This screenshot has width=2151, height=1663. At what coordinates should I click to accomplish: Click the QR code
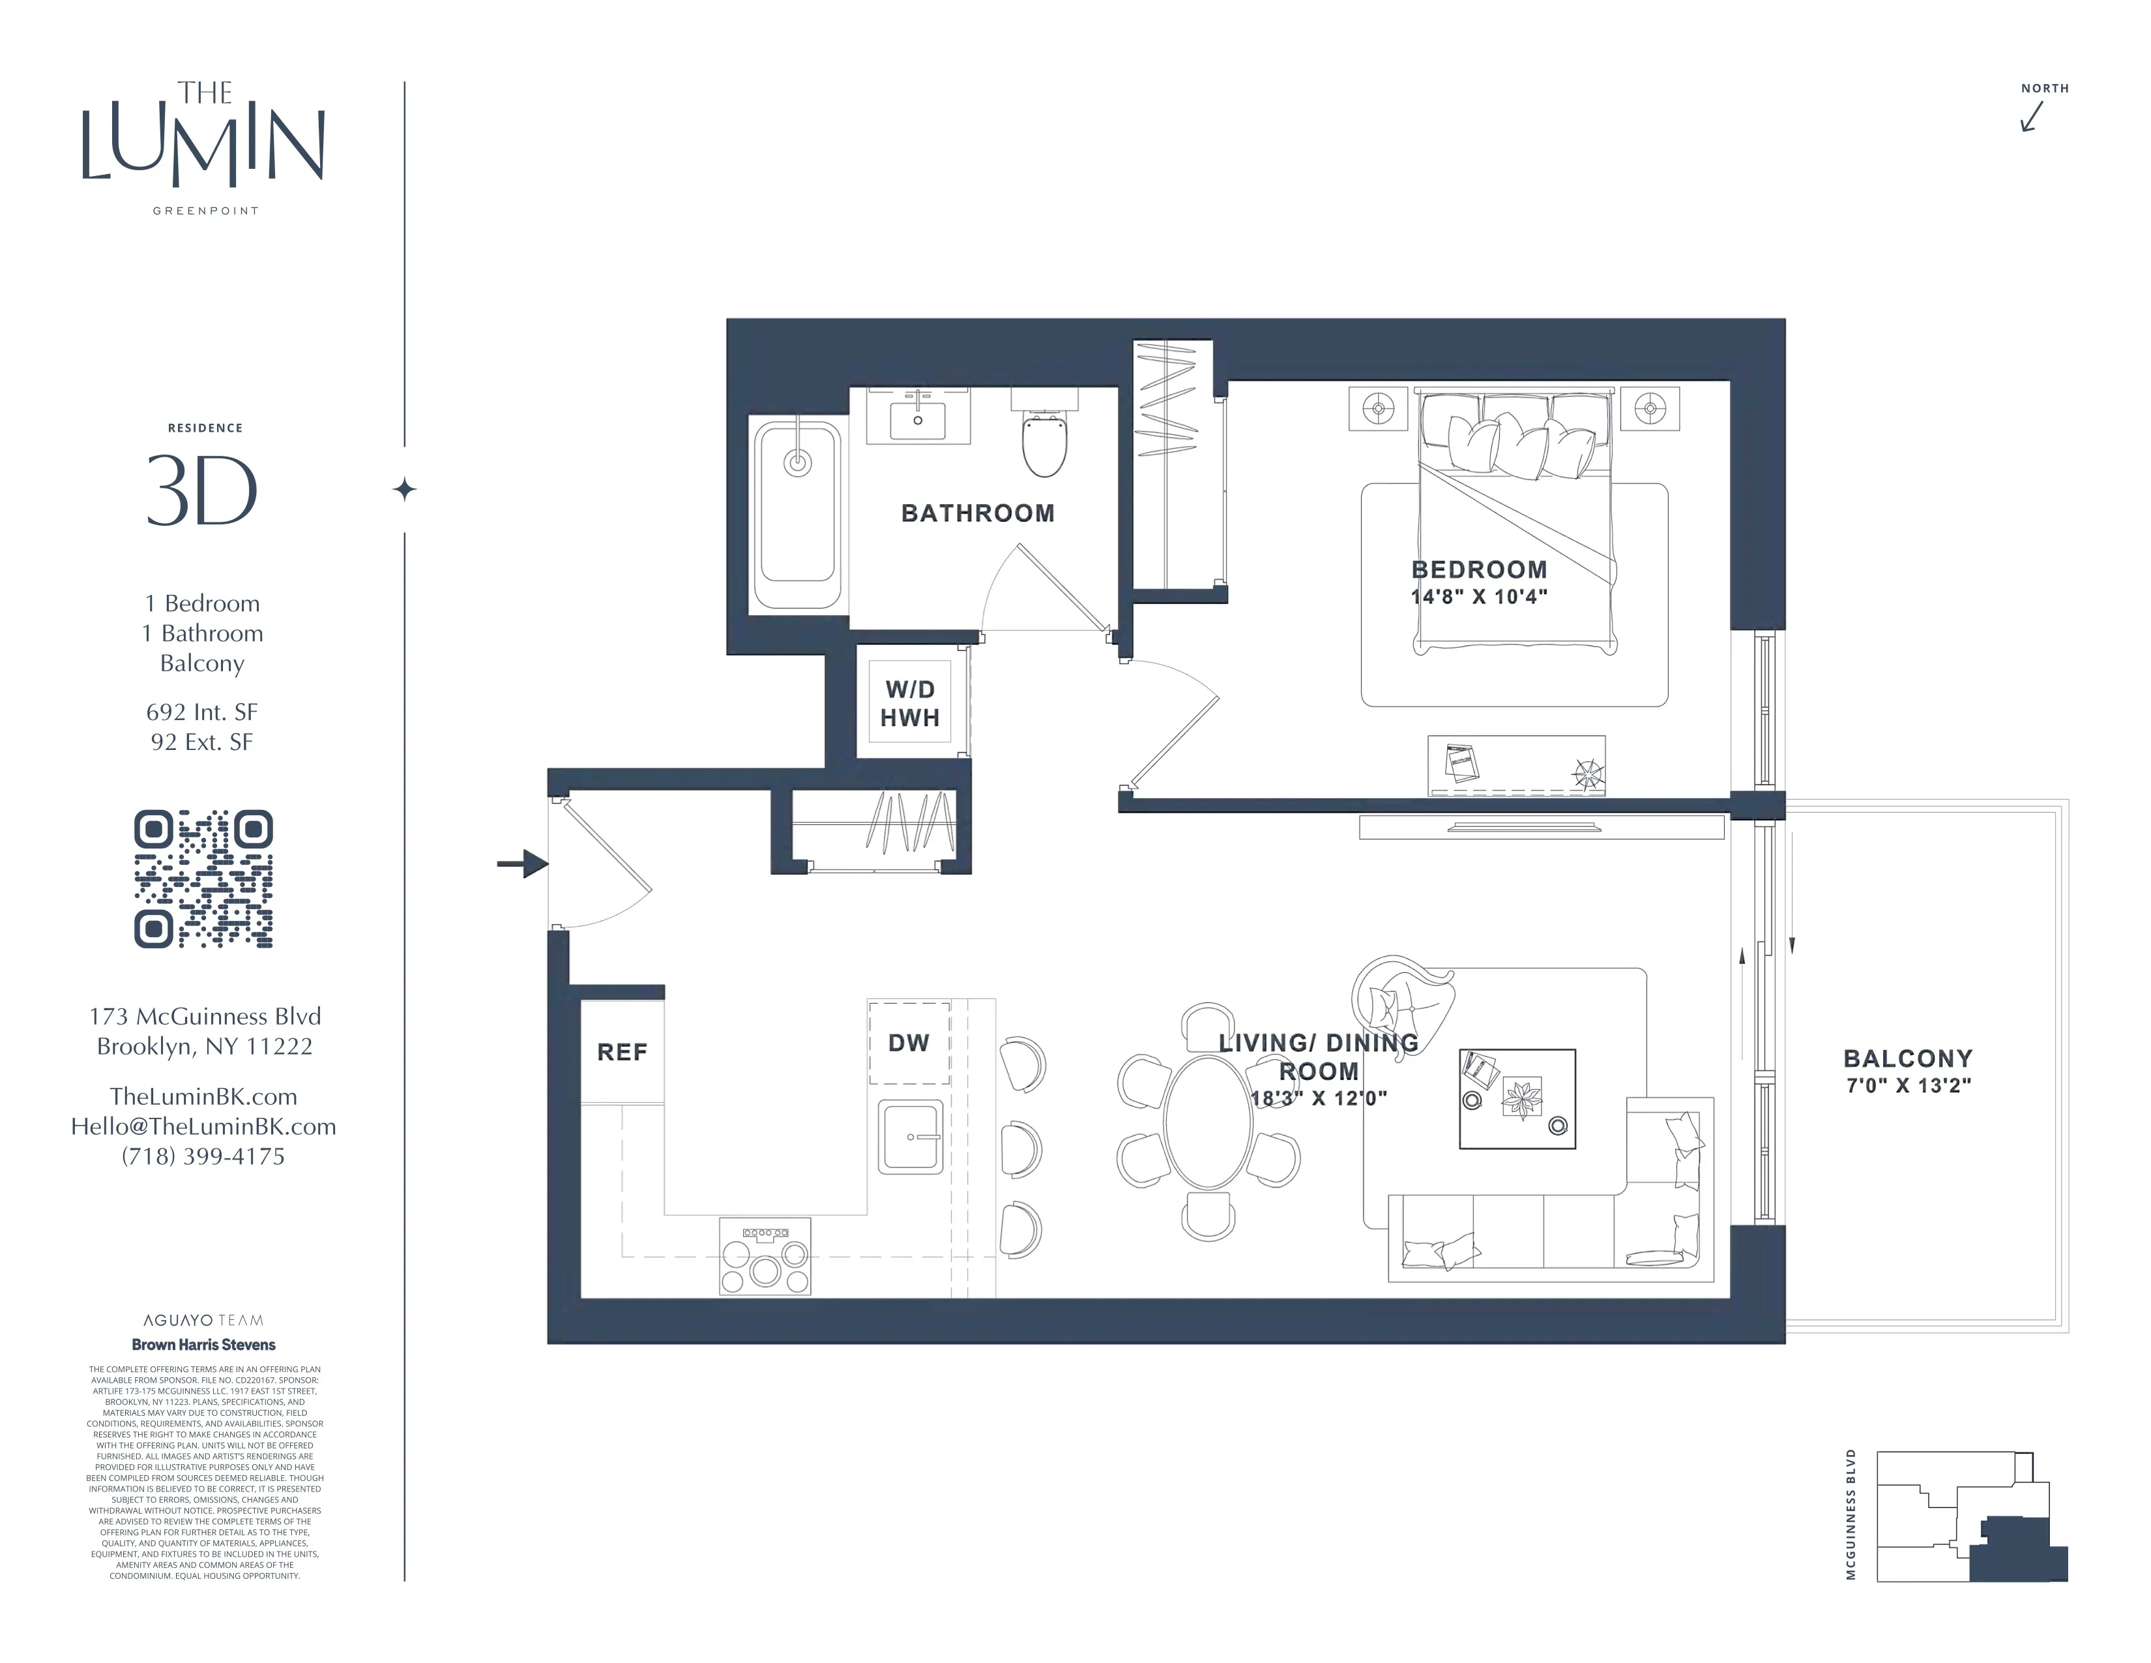point(203,879)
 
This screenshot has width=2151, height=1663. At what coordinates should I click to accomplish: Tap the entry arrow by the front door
point(524,864)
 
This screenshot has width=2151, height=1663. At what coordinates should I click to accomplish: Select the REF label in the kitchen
point(621,1052)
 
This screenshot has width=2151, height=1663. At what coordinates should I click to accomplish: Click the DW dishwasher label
point(908,1042)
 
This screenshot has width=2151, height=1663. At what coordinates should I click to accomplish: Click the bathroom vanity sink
point(917,419)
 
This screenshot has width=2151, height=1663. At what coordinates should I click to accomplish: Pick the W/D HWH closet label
point(909,704)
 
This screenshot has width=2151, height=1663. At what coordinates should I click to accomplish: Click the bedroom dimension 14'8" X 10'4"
point(1478,596)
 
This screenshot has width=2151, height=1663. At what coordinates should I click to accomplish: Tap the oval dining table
point(1207,1121)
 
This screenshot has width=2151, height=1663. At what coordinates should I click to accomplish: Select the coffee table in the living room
point(1517,1098)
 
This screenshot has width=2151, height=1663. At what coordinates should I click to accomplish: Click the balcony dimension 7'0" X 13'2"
point(1908,1086)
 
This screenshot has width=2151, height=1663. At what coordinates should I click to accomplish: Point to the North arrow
point(2032,116)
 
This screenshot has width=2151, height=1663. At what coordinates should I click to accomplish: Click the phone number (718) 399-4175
point(203,1157)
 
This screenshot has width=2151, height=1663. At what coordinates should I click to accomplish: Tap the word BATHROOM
point(977,513)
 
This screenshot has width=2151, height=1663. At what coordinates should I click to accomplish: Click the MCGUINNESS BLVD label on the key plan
point(1851,1514)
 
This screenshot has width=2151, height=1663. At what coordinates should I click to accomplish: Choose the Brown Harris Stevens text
point(204,1345)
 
